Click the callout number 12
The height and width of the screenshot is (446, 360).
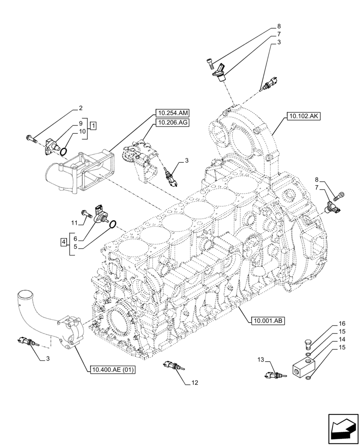click(196, 382)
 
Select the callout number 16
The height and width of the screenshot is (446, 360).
click(342, 323)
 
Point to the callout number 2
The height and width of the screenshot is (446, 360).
click(81, 107)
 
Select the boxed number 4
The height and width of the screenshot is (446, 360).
click(64, 242)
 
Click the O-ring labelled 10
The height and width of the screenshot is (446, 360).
click(64, 153)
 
